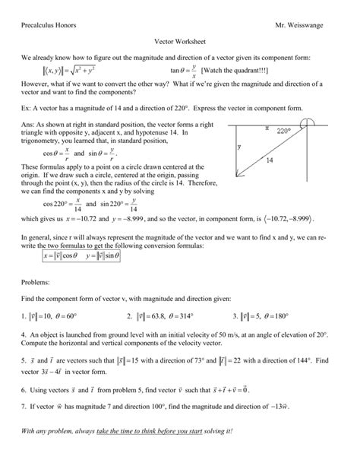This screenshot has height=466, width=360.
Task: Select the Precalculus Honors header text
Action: tap(54, 26)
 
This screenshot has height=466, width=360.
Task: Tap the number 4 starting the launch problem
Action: tap(24, 333)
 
